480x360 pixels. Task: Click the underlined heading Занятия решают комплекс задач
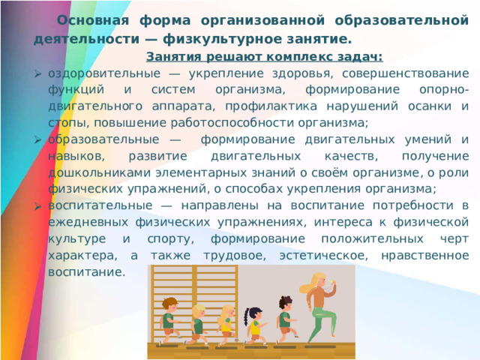pos(265,57)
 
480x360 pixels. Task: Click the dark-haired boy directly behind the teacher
pos(285,319)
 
